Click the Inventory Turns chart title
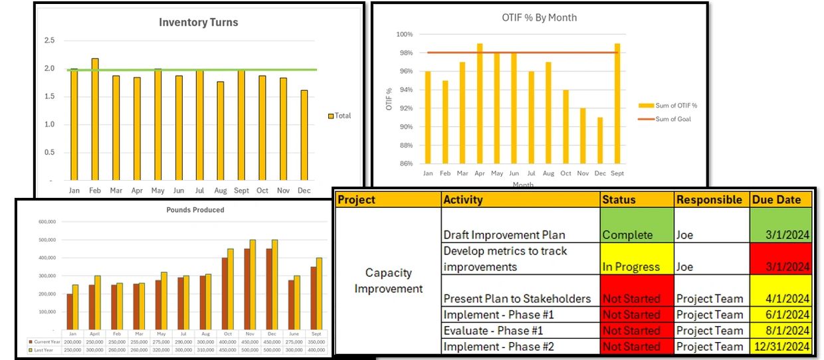[198, 23]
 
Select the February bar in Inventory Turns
[95, 120]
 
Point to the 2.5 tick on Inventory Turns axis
[50, 41]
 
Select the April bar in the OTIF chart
[480, 104]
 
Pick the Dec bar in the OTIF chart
[601, 140]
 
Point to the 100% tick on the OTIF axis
[405, 35]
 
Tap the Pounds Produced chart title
[195, 210]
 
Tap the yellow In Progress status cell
[636, 258]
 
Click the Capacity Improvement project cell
[388, 281]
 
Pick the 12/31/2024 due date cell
[781, 346]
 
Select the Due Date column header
[781, 199]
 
